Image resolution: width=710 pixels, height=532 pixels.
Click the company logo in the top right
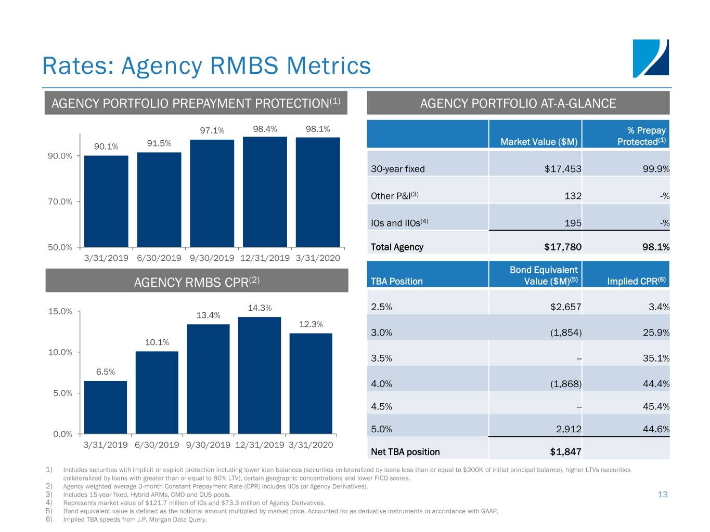tap(651, 58)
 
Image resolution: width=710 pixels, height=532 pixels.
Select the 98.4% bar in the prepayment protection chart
tap(265, 192)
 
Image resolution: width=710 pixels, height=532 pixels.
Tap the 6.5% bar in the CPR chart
tap(106, 407)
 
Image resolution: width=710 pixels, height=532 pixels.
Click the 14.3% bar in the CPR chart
tap(260, 375)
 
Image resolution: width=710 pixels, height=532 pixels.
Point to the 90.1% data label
tap(106, 147)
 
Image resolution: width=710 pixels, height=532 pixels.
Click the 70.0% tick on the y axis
tap(60, 202)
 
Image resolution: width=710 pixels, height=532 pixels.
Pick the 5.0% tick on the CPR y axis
tap(62, 393)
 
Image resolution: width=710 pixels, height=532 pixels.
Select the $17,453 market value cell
tap(563, 169)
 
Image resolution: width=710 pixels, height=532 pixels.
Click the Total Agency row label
tap(397, 247)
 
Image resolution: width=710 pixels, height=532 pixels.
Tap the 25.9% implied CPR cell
tap(656, 332)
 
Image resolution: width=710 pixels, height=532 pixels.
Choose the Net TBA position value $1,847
tap(565, 451)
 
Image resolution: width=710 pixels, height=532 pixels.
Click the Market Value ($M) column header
tap(539, 142)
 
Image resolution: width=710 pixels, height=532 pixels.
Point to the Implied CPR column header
tap(636, 281)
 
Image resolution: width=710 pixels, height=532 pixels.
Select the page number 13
tap(662, 494)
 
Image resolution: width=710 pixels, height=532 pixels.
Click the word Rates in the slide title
tap(78, 66)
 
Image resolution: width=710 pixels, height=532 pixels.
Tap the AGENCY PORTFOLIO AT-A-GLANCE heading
tap(518, 103)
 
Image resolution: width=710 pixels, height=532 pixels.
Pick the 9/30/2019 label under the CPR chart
tap(208, 445)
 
